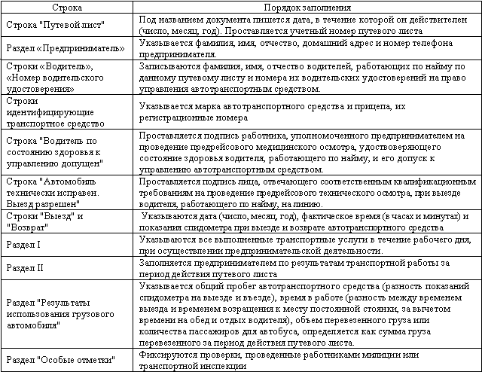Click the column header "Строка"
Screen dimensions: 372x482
click(68, 5)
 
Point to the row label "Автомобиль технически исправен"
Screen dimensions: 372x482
click(66, 193)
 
